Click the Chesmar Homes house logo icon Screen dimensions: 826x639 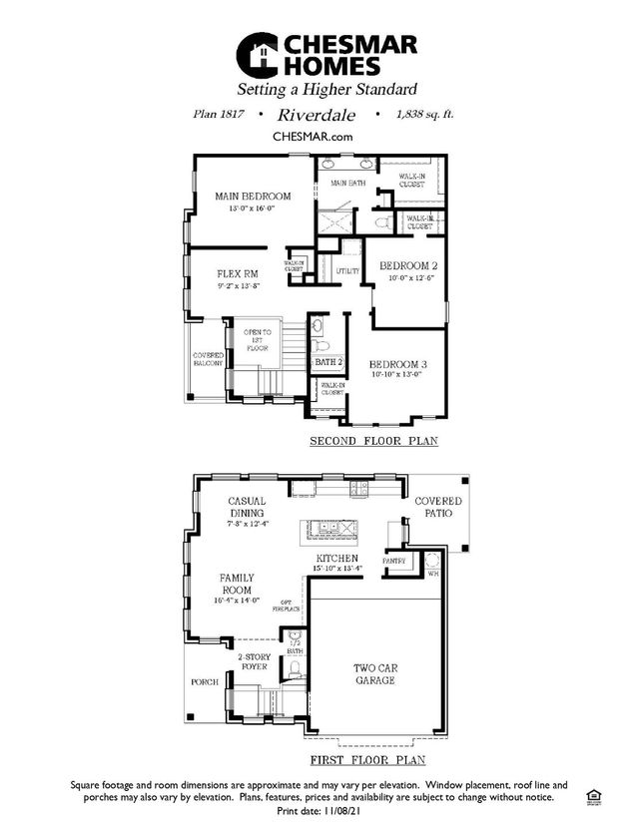pos(257,54)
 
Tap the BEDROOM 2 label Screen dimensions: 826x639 pos(408,267)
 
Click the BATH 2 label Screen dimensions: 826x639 pos(328,362)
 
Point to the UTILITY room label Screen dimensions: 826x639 pos(347,271)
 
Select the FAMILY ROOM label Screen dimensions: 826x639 pos(237,584)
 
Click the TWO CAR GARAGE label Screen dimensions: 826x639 pos(374,674)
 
